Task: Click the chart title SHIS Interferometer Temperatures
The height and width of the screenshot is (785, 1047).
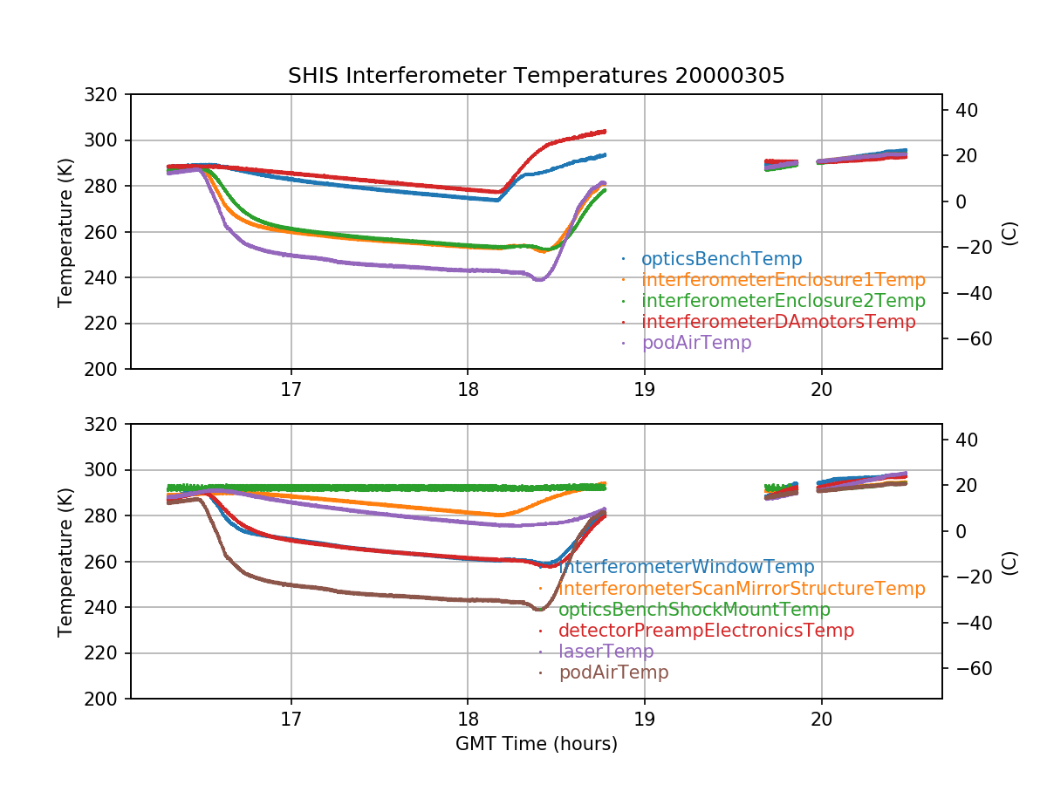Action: (536, 76)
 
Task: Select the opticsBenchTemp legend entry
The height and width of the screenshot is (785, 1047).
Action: (721, 259)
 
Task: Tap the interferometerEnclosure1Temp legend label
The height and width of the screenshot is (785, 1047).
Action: (783, 280)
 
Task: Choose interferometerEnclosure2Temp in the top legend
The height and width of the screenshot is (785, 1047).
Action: (783, 301)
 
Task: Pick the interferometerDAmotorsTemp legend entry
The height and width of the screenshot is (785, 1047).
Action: (778, 322)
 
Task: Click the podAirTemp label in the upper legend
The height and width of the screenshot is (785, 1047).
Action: (695, 343)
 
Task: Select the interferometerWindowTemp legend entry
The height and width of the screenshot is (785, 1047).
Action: (686, 568)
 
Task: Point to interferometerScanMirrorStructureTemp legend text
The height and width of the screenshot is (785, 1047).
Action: (741, 589)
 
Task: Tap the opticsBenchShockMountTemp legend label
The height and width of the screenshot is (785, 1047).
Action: (694, 610)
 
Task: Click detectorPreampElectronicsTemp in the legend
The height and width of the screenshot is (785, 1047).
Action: (706, 631)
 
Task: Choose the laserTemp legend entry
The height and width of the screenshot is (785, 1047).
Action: (606, 652)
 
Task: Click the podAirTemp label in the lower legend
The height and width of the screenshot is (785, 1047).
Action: (613, 672)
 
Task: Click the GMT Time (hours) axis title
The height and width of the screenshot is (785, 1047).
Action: (536, 744)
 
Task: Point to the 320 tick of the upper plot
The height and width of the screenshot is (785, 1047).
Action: (107, 94)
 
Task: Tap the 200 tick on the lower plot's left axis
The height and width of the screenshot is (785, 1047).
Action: (107, 699)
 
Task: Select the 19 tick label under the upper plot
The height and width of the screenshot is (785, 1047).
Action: (645, 390)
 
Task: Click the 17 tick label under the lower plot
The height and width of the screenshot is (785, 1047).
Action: (291, 720)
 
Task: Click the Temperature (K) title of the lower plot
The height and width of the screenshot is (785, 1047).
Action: (65, 561)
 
